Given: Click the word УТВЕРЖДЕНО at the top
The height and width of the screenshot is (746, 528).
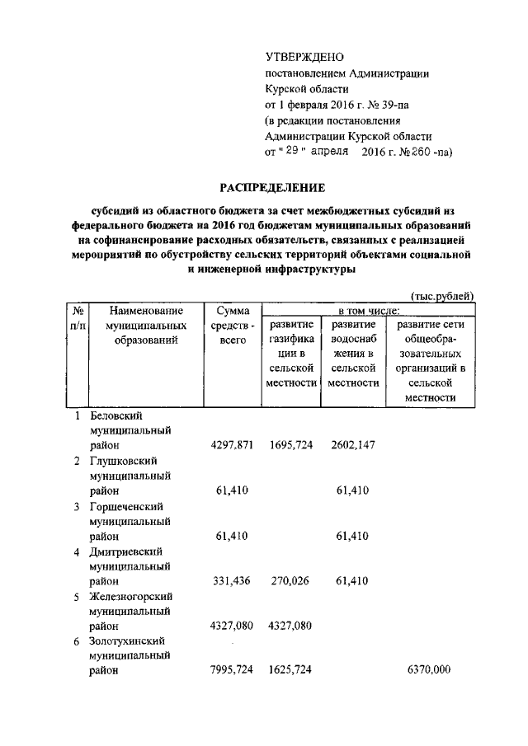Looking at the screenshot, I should [x=304, y=57].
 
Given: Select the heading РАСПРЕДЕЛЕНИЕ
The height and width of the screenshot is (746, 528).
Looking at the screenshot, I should [x=271, y=188].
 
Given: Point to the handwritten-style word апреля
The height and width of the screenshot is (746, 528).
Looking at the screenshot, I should [x=328, y=152].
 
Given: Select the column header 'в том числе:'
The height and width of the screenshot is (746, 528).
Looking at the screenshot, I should [x=360, y=312].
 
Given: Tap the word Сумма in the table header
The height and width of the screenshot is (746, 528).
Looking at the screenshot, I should [x=233, y=312].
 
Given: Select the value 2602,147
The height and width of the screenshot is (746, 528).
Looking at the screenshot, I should [x=352, y=445].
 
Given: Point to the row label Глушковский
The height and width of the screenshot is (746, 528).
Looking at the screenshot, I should [x=123, y=461].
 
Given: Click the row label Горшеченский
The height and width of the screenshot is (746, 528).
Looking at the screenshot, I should [x=125, y=506].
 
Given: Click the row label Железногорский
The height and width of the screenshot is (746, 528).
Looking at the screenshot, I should [x=130, y=596].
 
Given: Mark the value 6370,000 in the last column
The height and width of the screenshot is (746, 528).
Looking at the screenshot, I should [x=429, y=671].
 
